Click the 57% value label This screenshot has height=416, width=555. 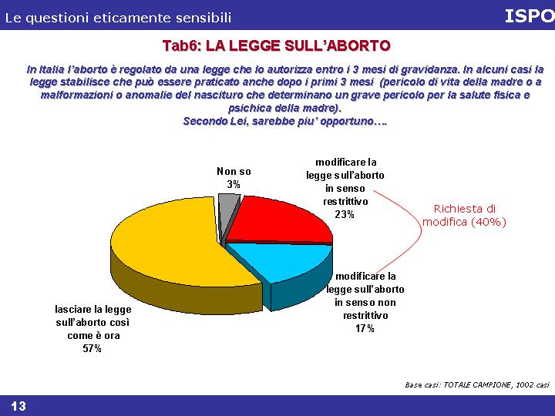click(92, 349)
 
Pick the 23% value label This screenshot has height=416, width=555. click(345, 214)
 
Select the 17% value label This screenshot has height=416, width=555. click(365, 329)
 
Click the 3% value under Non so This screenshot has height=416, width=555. click(234, 184)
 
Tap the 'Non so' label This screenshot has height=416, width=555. click(234, 172)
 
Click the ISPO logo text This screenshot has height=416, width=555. click(530, 16)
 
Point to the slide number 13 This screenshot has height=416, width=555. click(18, 406)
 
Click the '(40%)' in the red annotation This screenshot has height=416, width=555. click(489, 222)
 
